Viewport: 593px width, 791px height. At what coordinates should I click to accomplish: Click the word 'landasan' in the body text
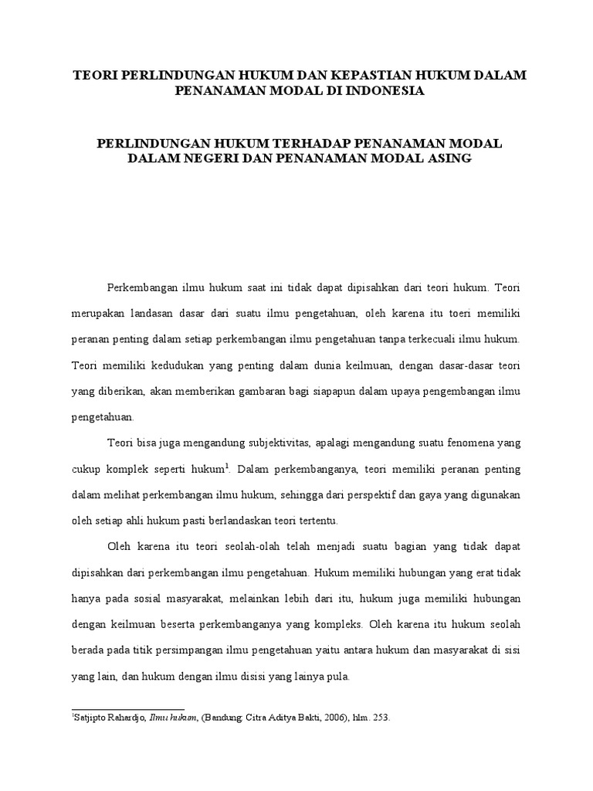tap(159, 313)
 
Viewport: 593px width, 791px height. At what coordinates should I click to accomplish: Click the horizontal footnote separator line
tap(128, 708)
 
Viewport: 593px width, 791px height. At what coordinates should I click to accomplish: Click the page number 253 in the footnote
tap(380, 718)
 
